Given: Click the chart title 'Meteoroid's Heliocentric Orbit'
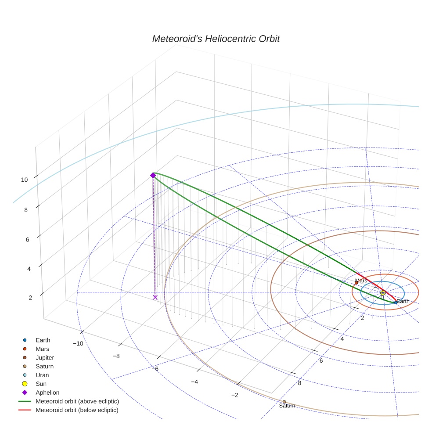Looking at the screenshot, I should pyautogui.click(x=216, y=39).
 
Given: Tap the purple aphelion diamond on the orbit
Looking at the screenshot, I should pyautogui.click(x=153, y=175).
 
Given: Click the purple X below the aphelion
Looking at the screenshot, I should pyautogui.click(x=155, y=297).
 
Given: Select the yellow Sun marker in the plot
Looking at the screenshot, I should pyautogui.click(x=382, y=292).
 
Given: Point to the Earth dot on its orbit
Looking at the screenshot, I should pyautogui.click(x=396, y=302).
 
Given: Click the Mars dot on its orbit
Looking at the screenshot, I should pyautogui.click(x=356, y=283).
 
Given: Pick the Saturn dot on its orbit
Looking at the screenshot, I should pyautogui.click(x=284, y=402).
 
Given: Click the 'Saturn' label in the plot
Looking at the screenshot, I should pyautogui.click(x=287, y=406).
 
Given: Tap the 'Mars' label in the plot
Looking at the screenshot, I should pyautogui.click(x=361, y=281).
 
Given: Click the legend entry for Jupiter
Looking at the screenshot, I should pyautogui.click(x=45, y=357).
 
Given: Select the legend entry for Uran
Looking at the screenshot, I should pyautogui.click(x=42, y=375).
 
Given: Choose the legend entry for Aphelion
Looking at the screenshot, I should pyautogui.click(x=47, y=392).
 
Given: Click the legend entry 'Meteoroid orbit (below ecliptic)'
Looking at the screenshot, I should pyautogui.click(x=77, y=410).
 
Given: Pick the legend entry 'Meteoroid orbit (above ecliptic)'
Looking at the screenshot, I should pyautogui.click(x=77, y=401).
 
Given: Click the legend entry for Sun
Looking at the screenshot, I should pyautogui.click(x=41, y=384).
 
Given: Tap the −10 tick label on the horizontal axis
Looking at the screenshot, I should pyautogui.click(x=78, y=343).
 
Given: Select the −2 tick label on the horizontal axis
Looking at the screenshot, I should pyautogui.click(x=234, y=395).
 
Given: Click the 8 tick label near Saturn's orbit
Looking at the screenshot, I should pyautogui.click(x=300, y=383).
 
